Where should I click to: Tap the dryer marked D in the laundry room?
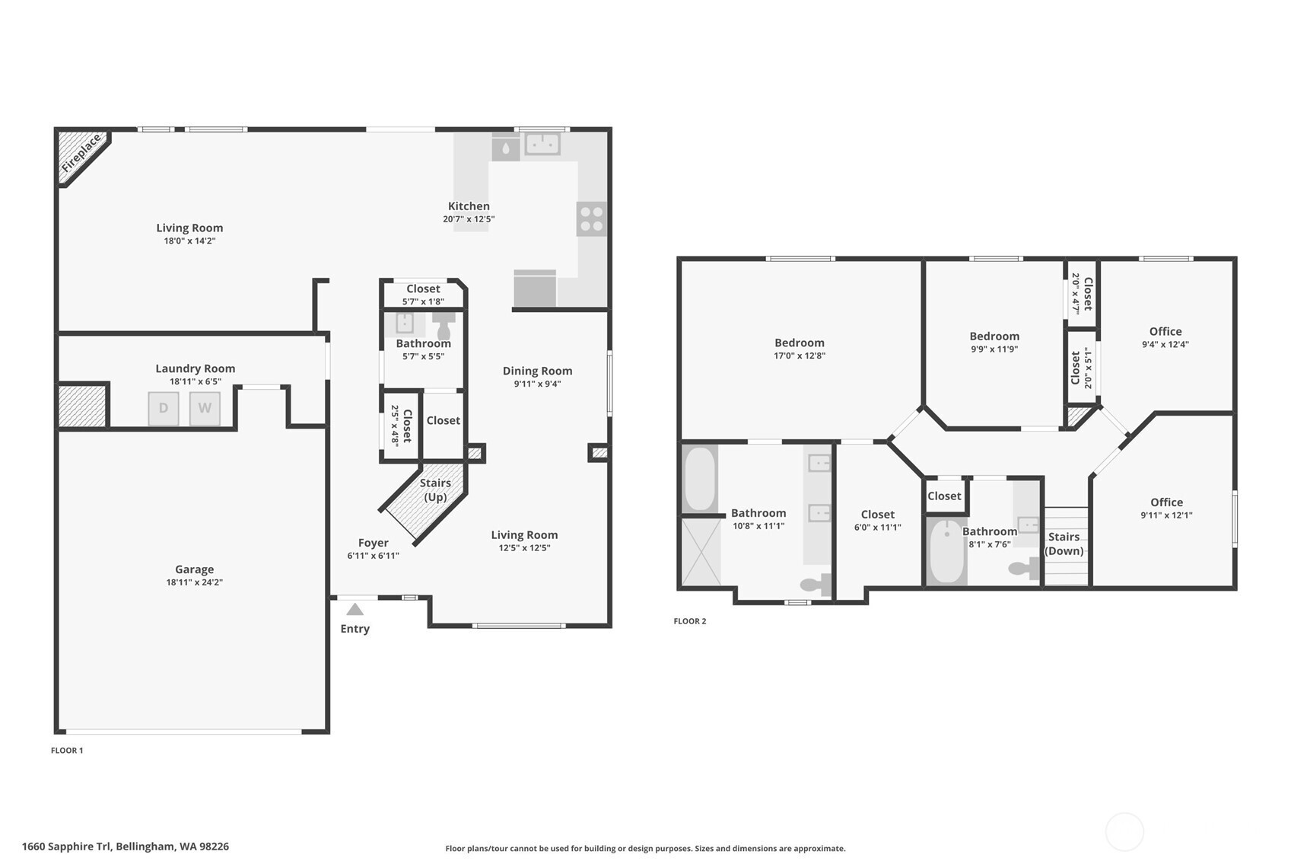(164, 408)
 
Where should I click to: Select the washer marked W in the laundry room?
(205, 408)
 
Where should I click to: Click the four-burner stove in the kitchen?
(591, 218)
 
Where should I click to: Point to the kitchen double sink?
(542, 143)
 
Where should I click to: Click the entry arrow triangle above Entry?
(355, 609)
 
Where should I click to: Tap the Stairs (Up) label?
(435, 489)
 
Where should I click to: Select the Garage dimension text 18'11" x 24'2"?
(194, 582)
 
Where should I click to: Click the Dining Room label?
(537, 371)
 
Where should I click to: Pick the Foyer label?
(373, 543)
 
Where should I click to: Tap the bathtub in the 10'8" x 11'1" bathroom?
(699, 479)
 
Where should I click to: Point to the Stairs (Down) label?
(1064, 544)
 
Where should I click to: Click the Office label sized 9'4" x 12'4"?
(1165, 331)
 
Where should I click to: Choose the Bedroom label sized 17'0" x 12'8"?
(799, 343)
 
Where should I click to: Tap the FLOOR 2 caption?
(689, 621)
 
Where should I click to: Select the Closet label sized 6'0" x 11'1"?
(877, 514)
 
